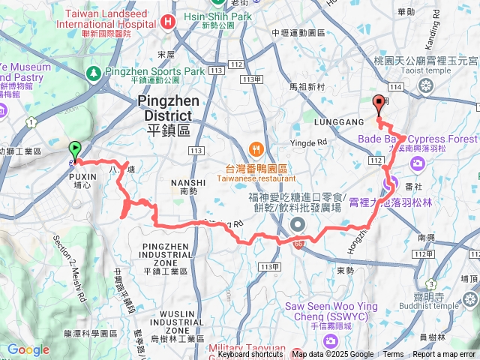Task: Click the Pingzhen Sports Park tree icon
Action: click(x=94, y=73)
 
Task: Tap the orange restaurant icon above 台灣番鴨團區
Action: click(x=256, y=148)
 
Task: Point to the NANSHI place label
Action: click(x=188, y=182)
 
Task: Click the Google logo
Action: click(x=28, y=349)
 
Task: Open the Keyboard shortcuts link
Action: click(x=250, y=355)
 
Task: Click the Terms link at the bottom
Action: click(x=393, y=355)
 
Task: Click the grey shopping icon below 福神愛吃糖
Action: click(x=298, y=225)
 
